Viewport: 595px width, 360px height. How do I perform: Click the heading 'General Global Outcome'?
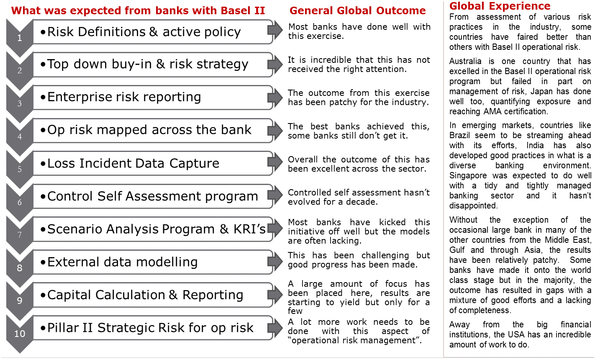click(x=357, y=11)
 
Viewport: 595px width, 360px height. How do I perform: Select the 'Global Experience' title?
click(x=500, y=6)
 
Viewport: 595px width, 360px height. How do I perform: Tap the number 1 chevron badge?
click(x=20, y=38)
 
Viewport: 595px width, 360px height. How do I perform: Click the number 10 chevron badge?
click(x=20, y=334)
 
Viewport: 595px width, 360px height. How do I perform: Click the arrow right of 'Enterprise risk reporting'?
click(x=275, y=97)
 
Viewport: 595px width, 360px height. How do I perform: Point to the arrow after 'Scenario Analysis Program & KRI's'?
click(x=275, y=229)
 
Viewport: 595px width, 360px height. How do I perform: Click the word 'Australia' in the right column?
click(x=465, y=62)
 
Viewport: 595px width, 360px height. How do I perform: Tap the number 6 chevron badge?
click(x=20, y=202)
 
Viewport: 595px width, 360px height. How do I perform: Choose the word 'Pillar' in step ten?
click(x=60, y=328)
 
